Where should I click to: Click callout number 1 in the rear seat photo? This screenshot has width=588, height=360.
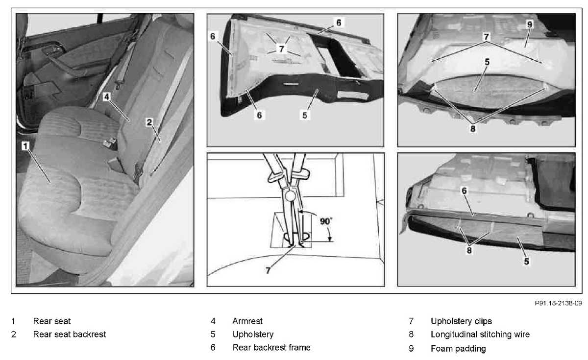25,146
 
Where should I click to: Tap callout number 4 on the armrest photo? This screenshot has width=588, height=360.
107,97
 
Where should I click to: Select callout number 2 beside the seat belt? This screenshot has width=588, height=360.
149,122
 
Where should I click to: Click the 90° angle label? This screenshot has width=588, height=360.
326,221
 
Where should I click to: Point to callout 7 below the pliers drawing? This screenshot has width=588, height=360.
268,270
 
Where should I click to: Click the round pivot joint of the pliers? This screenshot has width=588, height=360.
290,196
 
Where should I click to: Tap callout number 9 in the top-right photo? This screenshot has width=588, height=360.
530,24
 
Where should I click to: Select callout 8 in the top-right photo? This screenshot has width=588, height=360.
473,128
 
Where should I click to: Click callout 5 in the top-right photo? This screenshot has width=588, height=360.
487,62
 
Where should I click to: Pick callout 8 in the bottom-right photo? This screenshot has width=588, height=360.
469,250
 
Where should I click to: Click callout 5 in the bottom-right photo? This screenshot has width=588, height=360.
527,262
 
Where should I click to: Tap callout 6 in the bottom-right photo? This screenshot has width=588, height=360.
464,191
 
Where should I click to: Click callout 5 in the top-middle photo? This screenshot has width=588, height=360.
304,115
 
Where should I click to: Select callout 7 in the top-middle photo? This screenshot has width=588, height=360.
281,48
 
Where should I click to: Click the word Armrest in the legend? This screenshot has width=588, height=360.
247,321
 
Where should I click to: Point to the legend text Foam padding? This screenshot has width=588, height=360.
458,348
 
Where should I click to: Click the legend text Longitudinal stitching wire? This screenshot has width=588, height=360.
480,334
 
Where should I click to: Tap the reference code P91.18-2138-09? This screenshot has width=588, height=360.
558,303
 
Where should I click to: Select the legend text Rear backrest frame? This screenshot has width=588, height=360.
271,347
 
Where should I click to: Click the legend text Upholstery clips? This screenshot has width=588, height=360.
461,321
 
